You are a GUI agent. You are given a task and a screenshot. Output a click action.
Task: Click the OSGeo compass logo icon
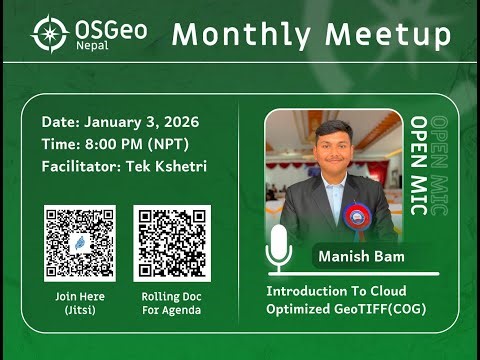tap(49, 33)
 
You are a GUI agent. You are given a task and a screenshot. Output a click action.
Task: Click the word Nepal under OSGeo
tap(93, 47)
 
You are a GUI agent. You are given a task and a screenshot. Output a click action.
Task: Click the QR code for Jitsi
tap(79, 242)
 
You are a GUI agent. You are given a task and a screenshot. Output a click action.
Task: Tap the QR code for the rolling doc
tap(170, 242)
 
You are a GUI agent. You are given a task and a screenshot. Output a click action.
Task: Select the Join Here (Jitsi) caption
tap(79, 303)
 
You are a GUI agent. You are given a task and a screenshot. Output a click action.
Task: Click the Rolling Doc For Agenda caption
tap(170, 303)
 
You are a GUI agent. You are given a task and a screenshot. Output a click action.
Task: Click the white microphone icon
tap(280, 246)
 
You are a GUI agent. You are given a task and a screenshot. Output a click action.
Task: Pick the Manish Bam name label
tap(360, 257)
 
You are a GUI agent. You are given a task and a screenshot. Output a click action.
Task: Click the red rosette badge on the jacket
tap(356, 216)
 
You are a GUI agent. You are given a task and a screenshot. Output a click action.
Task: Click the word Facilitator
tap(81, 166)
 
